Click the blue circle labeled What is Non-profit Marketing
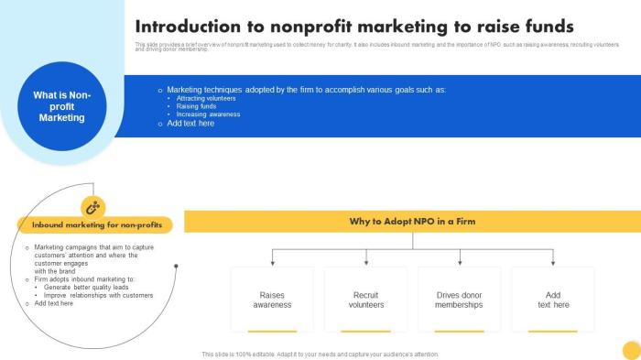point(62,106)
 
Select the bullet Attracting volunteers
point(200,98)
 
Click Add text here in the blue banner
point(190,124)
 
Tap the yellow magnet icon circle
point(92,207)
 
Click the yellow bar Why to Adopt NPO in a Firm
point(412,222)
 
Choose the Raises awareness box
point(272,300)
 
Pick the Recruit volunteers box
point(366,300)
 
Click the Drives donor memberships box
point(459,300)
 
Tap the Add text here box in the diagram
point(553,300)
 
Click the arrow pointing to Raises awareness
point(272,259)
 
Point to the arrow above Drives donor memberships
point(459,259)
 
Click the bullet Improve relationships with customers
point(99,295)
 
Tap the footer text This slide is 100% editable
point(320,354)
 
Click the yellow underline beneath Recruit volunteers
point(366,331)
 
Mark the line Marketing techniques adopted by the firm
point(306,90)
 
